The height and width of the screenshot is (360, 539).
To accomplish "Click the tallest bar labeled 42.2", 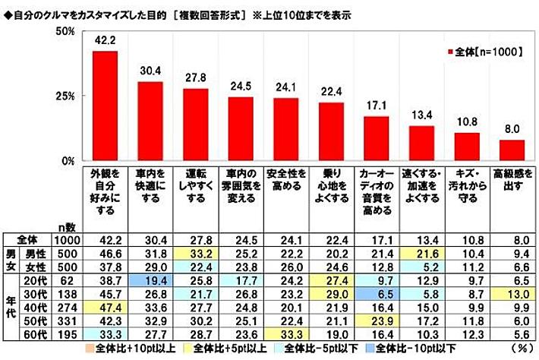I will [x=105, y=106].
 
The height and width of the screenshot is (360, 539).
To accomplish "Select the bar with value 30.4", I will [x=150, y=122].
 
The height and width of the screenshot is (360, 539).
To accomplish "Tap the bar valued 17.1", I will [x=376, y=139].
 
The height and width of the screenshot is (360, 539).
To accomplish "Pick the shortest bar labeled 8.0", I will [x=511, y=150].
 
